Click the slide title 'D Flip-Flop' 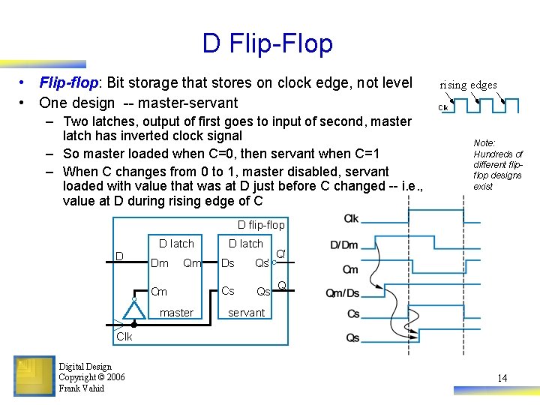267,43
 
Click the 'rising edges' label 468,85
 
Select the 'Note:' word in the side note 484,142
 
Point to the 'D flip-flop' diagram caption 261,225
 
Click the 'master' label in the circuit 177,313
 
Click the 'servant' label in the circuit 247,313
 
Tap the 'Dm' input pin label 160,263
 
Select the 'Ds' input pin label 228,263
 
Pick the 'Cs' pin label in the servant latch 228,291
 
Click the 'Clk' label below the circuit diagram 124,337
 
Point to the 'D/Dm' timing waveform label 344,245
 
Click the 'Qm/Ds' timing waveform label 343,293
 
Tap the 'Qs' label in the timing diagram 352,338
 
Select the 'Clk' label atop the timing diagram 351,218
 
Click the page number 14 502,378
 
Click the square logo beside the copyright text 34,376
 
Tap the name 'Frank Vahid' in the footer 82,388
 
